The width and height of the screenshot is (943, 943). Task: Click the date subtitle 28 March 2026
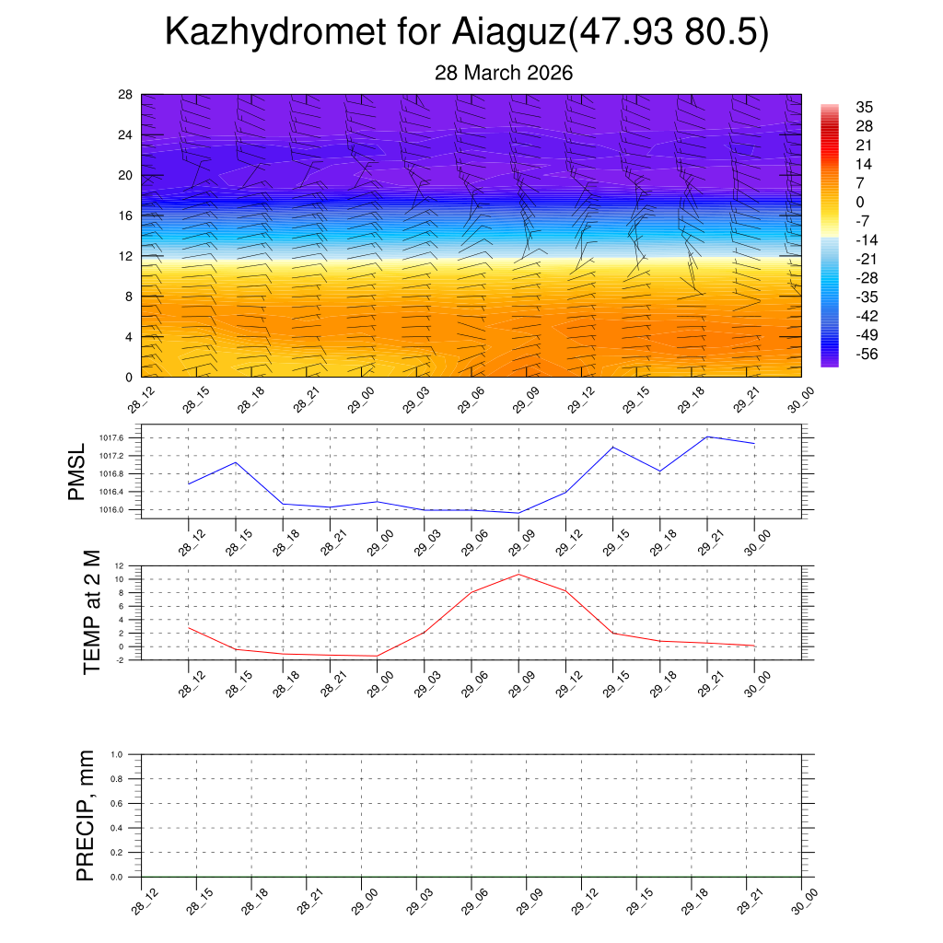504,73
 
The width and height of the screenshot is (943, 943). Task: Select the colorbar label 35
864,107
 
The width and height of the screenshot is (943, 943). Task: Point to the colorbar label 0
859,202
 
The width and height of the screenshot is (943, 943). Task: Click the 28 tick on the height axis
126,95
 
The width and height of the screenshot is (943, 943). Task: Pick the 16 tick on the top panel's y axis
126,215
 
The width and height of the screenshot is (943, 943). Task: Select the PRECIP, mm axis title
86,816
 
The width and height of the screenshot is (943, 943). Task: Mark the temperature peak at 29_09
518,575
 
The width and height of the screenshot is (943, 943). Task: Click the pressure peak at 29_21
707,437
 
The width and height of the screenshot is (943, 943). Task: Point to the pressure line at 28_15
236,462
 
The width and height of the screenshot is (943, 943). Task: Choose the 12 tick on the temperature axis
120,565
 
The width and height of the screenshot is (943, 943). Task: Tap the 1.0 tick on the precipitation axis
117,754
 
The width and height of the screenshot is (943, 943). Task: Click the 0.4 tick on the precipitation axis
117,828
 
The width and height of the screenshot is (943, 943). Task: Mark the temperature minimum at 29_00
378,656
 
